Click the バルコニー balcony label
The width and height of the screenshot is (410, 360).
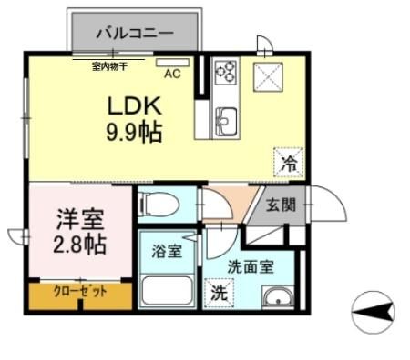tap(135, 33)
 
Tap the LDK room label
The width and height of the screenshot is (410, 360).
tap(134, 105)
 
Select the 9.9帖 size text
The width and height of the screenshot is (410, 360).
tap(134, 134)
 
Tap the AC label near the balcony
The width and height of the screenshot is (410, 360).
tap(170, 76)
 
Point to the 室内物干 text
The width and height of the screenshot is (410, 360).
tap(108, 65)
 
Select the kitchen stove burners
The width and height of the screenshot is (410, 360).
tap(225, 73)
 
